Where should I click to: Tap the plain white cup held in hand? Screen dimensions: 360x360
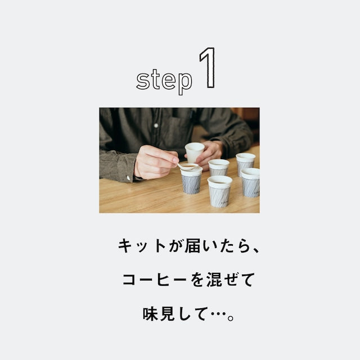194,152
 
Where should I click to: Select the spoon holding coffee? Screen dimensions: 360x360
188,166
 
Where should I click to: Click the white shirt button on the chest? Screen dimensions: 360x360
156,125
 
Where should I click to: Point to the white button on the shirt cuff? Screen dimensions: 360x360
128,178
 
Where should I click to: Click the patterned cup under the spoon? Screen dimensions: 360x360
191,181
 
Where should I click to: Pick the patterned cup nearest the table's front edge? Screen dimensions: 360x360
219,191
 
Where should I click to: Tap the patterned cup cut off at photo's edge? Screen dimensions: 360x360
250,182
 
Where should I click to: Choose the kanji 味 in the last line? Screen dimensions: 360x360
150,314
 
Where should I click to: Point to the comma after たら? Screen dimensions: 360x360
256,250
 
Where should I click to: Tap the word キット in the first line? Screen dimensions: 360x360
142,246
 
